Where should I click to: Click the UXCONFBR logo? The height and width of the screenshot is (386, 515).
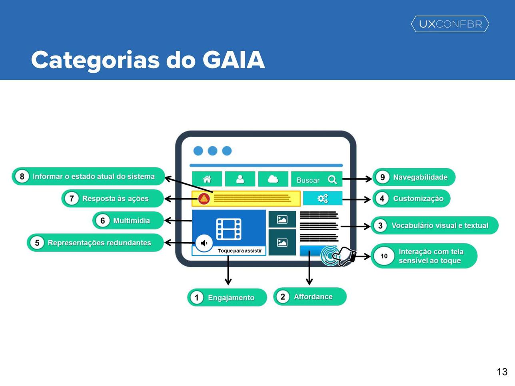point(450,24)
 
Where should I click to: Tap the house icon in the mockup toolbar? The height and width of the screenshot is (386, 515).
point(207,179)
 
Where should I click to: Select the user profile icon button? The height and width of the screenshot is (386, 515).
point(240,179)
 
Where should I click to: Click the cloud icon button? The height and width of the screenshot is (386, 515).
point(273,179)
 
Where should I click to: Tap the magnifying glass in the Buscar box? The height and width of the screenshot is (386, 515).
point(332,180)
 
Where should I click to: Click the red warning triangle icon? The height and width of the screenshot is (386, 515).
point(204,199)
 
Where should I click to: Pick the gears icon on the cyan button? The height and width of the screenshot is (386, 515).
point(323,199)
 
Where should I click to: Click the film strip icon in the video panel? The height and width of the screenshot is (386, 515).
point(229,229)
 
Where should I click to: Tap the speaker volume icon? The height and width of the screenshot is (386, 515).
point(204,243)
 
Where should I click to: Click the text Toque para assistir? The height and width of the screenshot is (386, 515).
point(240,251)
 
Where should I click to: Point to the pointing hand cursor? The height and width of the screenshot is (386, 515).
point(344,257)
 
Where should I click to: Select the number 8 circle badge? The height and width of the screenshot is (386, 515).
point(22,177)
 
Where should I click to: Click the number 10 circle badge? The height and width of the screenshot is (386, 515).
point(384,256)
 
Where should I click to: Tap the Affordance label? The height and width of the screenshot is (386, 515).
point(313,297)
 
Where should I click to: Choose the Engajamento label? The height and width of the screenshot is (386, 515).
point(231,298)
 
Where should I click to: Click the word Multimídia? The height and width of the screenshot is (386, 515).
point(132,221)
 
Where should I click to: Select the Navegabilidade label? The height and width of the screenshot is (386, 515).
point(420,177)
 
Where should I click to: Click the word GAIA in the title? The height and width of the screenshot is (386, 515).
point(234,60)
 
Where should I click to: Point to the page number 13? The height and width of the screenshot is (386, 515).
point(502,372)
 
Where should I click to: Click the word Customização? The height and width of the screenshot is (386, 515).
point(418,199)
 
